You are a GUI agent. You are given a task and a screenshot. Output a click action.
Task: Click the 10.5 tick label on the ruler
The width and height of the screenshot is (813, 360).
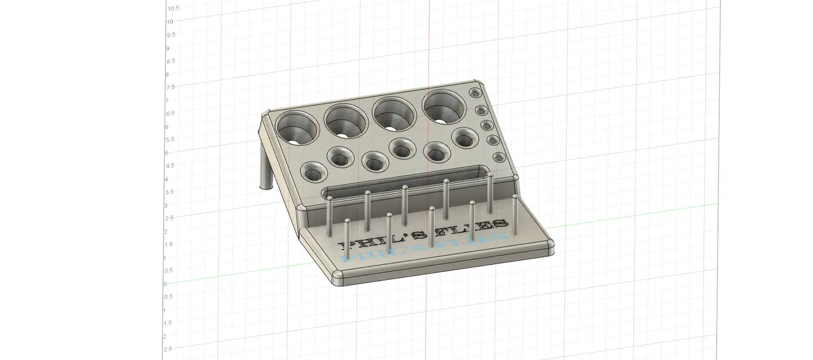(173, 8)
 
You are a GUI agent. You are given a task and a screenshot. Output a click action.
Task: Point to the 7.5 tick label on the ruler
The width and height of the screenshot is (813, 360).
(170, 87)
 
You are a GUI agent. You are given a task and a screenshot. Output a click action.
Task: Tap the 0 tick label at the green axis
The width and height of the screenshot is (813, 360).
(165, 283)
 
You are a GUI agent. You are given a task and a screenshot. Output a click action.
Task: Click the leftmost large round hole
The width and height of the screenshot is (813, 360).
(297, 127)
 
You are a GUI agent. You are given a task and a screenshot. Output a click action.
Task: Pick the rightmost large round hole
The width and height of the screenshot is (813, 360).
(445, 107)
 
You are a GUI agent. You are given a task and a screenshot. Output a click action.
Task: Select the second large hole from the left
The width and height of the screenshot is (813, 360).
(346, 120)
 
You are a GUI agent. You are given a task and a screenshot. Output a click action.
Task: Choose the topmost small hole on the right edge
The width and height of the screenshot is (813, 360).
(476, 93)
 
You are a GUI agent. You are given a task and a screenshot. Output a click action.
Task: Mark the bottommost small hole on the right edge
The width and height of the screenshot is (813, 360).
(499, 157)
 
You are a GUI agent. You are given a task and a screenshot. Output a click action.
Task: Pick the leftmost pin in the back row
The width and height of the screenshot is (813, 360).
(330, 216)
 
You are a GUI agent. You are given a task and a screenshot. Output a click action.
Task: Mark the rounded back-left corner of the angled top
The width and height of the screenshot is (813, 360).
(266, 115)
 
